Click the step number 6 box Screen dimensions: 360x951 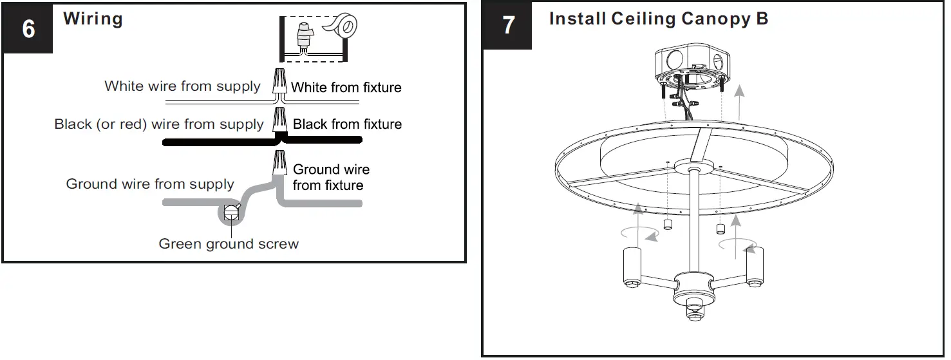click(28, 29)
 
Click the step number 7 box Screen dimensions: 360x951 click(508, 26)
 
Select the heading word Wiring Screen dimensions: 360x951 click(93, 19)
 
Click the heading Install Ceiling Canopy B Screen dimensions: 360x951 click(658, 19)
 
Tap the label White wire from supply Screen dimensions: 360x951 click(182, 86)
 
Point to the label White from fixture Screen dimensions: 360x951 click(346, 88)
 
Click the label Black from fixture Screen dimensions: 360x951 click(347, 124)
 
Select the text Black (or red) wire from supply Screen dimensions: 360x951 click(158, 124)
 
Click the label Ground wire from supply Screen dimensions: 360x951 click(150, 184)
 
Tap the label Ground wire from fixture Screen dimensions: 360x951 click(332, 177)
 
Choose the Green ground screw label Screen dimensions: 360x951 click(229, 244)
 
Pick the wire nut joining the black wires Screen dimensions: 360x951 click(279, 120)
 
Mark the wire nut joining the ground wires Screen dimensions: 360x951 click(280, 164)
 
